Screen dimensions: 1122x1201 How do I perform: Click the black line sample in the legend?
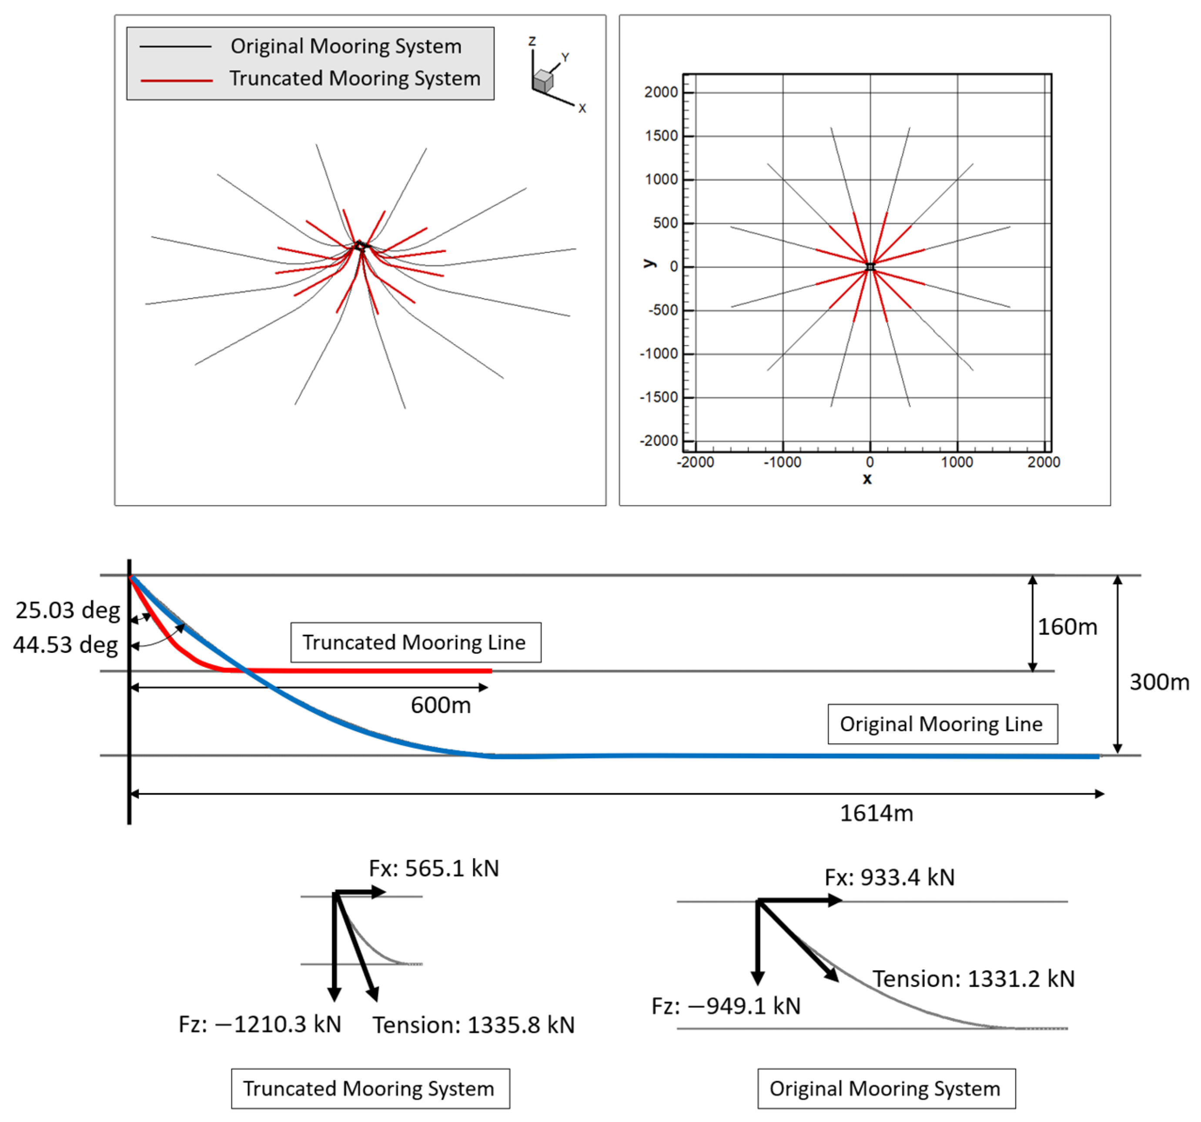[176, 47]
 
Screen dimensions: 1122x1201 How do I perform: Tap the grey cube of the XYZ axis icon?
[544, 81]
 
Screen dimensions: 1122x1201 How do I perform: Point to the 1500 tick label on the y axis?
[662, 136]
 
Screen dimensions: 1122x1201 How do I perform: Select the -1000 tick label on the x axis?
[783, 463]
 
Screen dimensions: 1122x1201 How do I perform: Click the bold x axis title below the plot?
[867, 479]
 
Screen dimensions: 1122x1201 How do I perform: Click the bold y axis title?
[649, 264]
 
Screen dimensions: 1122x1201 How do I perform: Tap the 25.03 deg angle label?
[68, 610]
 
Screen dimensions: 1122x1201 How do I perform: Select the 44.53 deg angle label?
[66, 645]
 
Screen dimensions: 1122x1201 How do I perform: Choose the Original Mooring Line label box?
[942, 724]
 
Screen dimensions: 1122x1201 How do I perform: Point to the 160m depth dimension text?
[1067, 627]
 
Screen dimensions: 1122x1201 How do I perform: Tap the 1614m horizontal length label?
[876, 813]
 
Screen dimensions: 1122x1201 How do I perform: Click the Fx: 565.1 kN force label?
[434, 869]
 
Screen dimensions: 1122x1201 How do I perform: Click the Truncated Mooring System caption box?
[370, 1089]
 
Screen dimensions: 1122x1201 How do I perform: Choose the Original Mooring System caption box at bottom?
[886, 1089]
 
